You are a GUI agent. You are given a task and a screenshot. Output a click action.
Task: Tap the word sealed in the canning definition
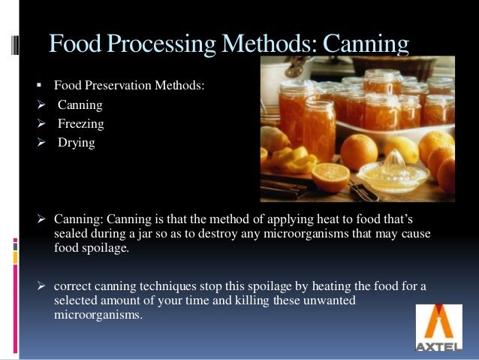coord(71,233)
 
